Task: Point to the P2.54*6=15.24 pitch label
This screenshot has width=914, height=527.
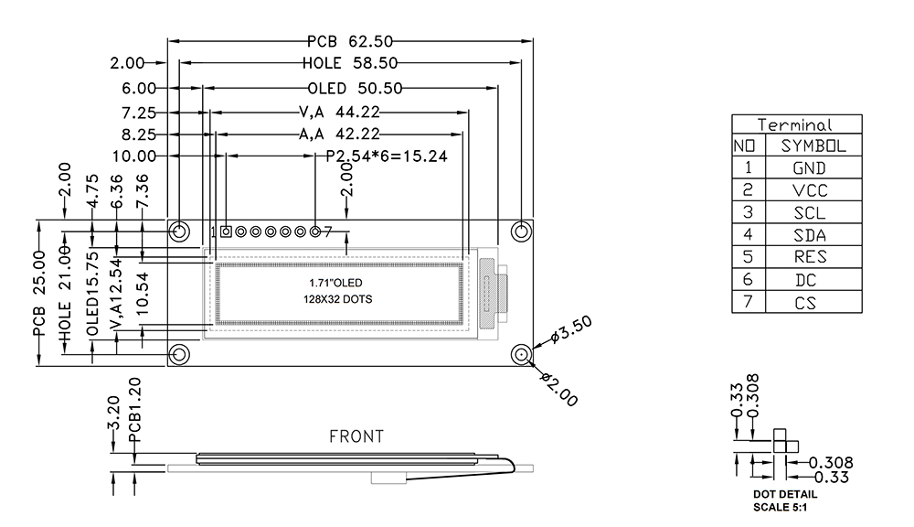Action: [x=386, y=156]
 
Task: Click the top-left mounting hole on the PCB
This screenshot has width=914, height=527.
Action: [x=179, y=230]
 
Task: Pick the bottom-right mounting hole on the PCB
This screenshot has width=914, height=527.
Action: [x=521, y=355]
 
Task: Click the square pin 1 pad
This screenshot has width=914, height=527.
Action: [x=225, y=231]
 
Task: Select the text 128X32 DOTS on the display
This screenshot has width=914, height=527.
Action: [x=338, y=299]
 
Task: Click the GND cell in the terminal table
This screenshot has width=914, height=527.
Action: [x=809, y=168]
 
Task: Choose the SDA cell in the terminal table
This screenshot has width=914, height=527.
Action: [x=809, y=235]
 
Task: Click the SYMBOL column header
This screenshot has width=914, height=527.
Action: [x=813, y=146]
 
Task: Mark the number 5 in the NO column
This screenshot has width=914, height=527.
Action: [x=749, y=258]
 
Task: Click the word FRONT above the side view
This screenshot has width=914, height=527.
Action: [x=356, y=437]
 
